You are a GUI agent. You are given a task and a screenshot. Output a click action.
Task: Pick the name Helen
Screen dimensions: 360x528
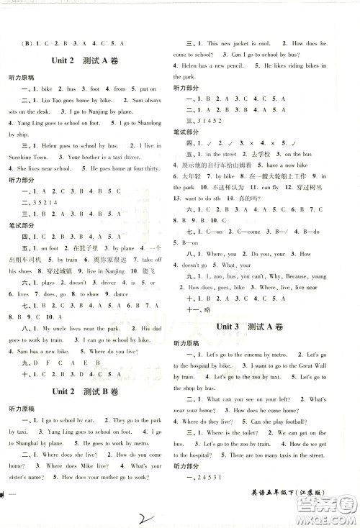pyautogui.click(x=190, y=65)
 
